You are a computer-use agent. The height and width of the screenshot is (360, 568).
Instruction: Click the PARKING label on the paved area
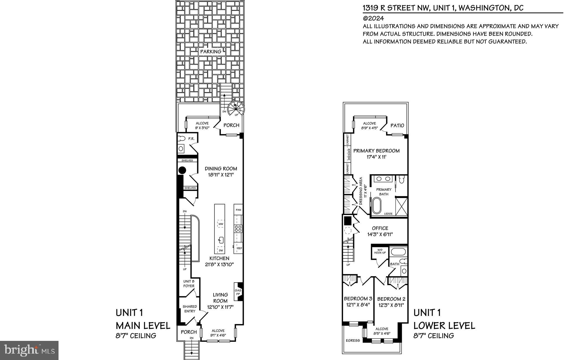click(x=211, y=51)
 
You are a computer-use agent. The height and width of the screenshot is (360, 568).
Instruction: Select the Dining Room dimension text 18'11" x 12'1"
click(x=221, y=175)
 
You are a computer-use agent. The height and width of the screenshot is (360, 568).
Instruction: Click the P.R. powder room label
click(x=191, y=139)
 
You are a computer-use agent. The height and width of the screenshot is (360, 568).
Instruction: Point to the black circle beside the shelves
click(x=182, y=170)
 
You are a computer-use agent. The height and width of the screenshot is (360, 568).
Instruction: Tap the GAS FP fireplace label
click(x=238, y=292)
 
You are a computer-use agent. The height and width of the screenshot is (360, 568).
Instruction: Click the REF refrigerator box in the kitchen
click(x=239, y=248)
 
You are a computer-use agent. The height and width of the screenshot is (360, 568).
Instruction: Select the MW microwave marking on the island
click(x=221, y=224)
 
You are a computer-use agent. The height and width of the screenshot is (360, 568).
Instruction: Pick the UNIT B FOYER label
click(x=189, y=283)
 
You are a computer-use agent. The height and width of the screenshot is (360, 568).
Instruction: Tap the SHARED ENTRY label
click(x=190, y=309)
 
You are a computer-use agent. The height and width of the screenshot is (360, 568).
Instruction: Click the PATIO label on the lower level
click(x=397, y=125)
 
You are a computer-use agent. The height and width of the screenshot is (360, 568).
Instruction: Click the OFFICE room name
click(x=380, y=228)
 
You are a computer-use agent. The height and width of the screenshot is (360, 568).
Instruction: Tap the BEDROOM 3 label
click(x=358, y=299)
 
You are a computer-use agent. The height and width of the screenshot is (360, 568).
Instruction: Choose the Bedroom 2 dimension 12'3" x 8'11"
click(x=391, y=305)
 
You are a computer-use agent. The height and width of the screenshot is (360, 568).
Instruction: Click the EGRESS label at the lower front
click(x=353, y=340)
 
